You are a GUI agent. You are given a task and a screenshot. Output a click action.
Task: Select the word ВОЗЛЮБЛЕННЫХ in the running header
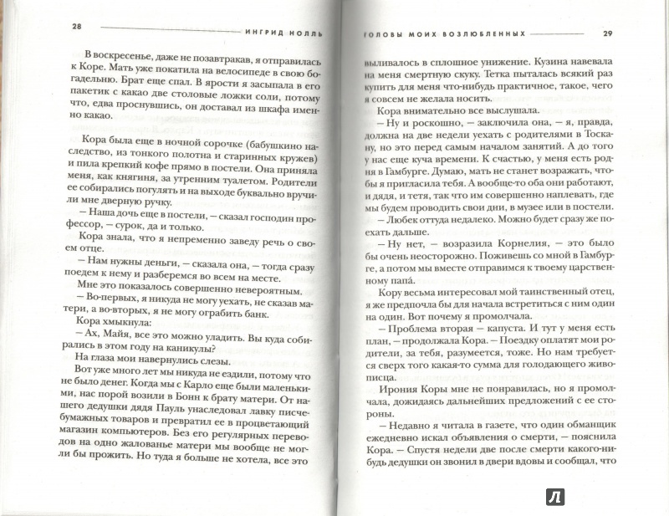pyautogui.click(x=484, y=34)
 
